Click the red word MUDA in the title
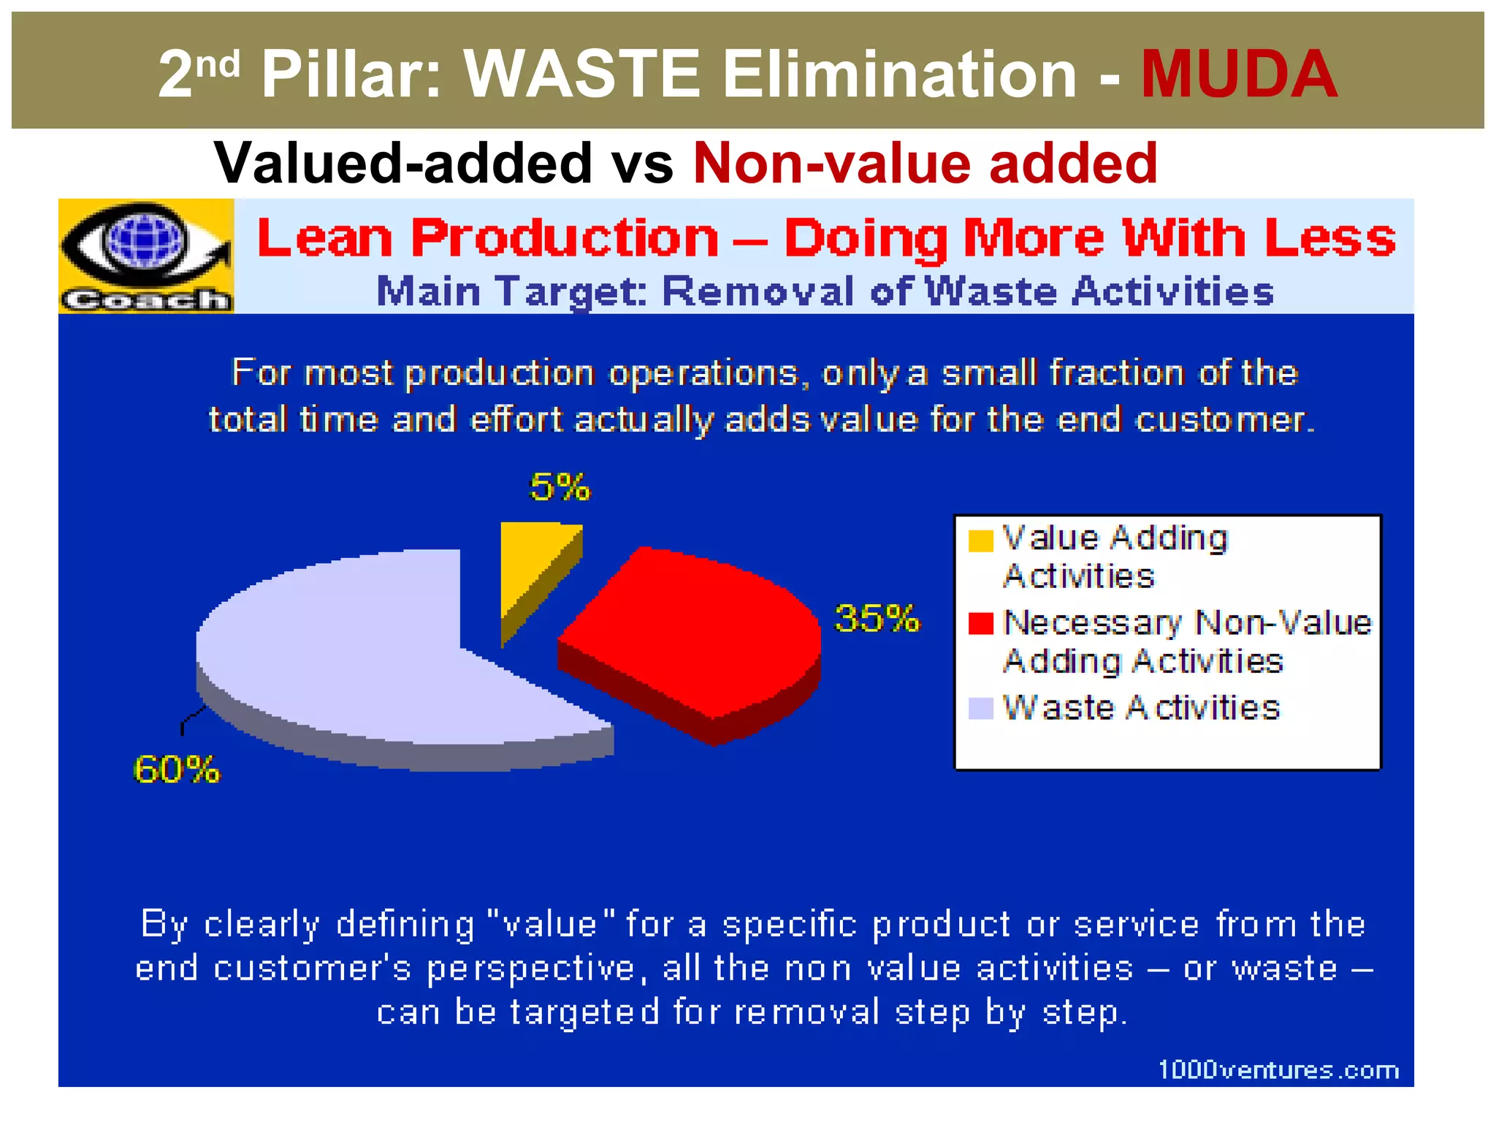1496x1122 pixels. tap(1239, 74)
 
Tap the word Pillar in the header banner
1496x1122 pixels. tap(351, 74)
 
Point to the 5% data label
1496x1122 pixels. tap(560, 487)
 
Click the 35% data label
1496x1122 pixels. tap(877, 619)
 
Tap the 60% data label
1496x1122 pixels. tap(176, 769)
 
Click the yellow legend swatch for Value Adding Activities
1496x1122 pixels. tap(980, 541)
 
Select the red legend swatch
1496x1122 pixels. tap(980, 623)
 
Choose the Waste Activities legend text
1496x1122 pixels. tap(1141, 708)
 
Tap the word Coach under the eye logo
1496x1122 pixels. tap(145, 299)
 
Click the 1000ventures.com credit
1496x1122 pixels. tap(1278, 1070)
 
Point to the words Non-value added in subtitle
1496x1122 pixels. tap(925, 163)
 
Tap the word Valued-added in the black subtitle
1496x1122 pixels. tap(402, 163)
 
